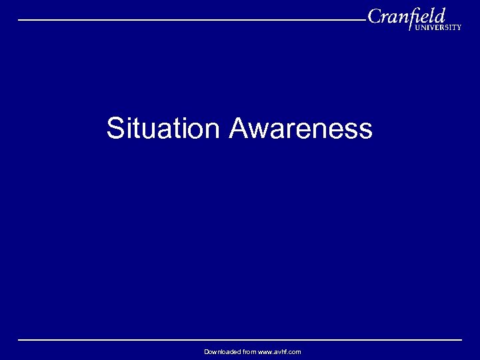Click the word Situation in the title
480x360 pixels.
[x=162, y=129]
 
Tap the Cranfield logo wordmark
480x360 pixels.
[x=407, y=16]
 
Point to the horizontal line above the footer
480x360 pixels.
[x=240, y=340]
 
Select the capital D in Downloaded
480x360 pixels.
[x=207, y=351]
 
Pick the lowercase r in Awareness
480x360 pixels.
[x=289, y=131]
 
